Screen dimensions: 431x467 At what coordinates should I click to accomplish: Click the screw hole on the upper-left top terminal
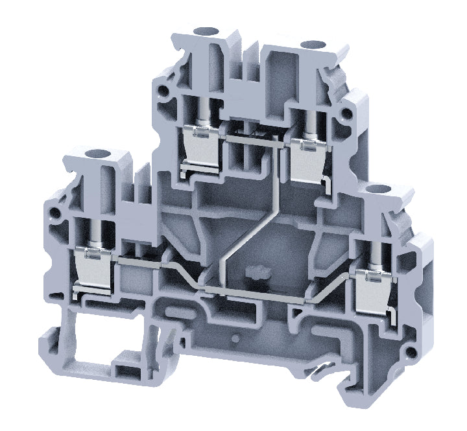[207, 30]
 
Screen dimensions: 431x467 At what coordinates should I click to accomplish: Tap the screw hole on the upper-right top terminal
[315, 44]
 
